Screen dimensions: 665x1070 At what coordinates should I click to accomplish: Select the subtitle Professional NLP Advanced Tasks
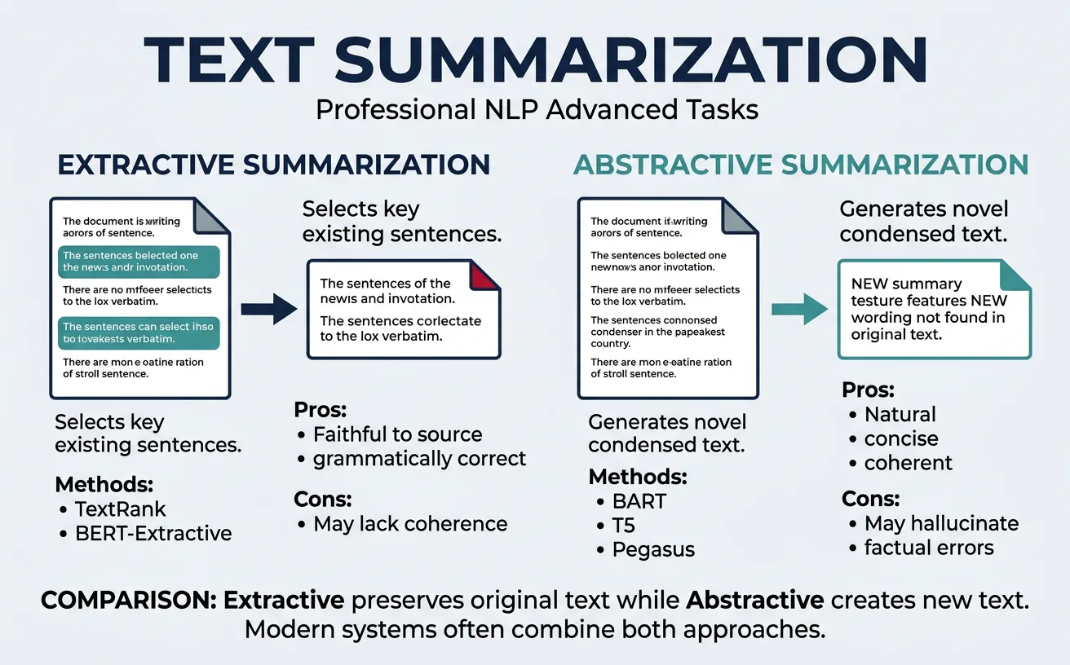pos(537,108)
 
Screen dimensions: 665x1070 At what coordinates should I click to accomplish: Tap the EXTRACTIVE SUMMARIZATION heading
pos(274,165)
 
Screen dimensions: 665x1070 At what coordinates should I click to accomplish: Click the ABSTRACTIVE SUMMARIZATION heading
pos(800,165)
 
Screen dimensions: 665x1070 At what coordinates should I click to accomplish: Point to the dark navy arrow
pos(270,310)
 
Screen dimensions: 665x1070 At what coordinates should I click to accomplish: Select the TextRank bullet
pos(120,509)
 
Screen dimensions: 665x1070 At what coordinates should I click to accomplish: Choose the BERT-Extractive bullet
pos(153,534)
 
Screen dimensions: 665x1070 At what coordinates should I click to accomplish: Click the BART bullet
pos(639,500)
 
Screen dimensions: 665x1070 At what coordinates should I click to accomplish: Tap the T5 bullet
pos(625,525)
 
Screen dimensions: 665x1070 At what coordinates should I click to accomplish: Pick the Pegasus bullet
pos(653,549)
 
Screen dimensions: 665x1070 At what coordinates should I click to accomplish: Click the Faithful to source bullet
pos(397,434)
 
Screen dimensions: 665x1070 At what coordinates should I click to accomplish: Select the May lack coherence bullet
pos(410,524)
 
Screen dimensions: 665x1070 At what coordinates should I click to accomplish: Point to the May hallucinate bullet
pos(941,523)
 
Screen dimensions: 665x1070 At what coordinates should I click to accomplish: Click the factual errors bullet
pos(929,548)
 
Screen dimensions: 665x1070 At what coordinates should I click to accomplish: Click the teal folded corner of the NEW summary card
pos(1016,275)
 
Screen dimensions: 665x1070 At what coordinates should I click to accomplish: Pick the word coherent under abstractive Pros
pos(908,463)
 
